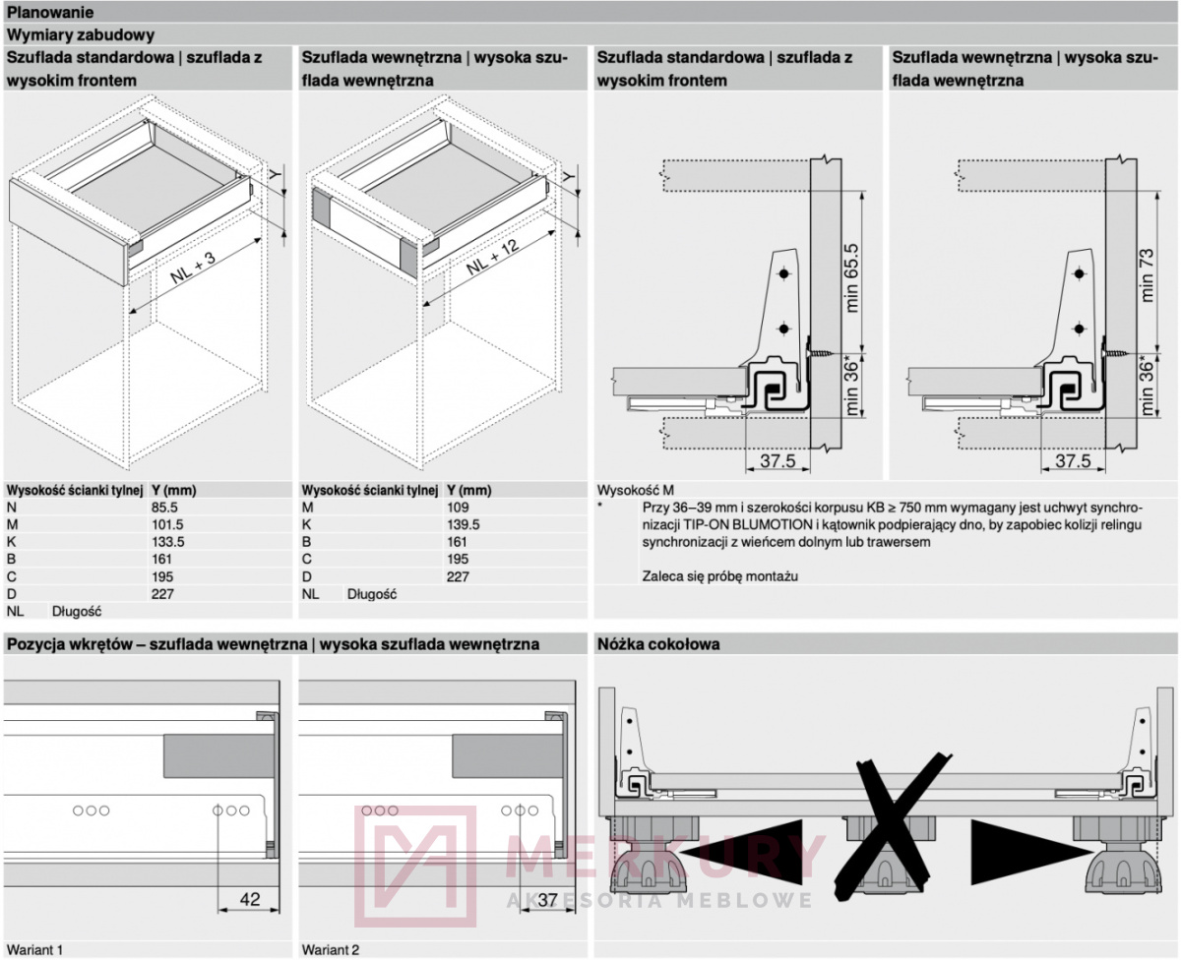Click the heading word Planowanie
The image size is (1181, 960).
tap(51, 13)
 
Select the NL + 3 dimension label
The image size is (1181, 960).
tap(192, 266)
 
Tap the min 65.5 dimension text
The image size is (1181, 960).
tap(852, 277)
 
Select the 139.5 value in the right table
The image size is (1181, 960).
tap(464, 524)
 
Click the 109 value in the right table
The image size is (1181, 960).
tap(458, 507)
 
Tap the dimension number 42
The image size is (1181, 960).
tap(251, 897)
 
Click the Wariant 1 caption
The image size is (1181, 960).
tap(34, 949)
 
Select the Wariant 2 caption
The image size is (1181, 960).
tap(331, 949)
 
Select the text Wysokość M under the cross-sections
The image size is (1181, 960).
tap(636, 489)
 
